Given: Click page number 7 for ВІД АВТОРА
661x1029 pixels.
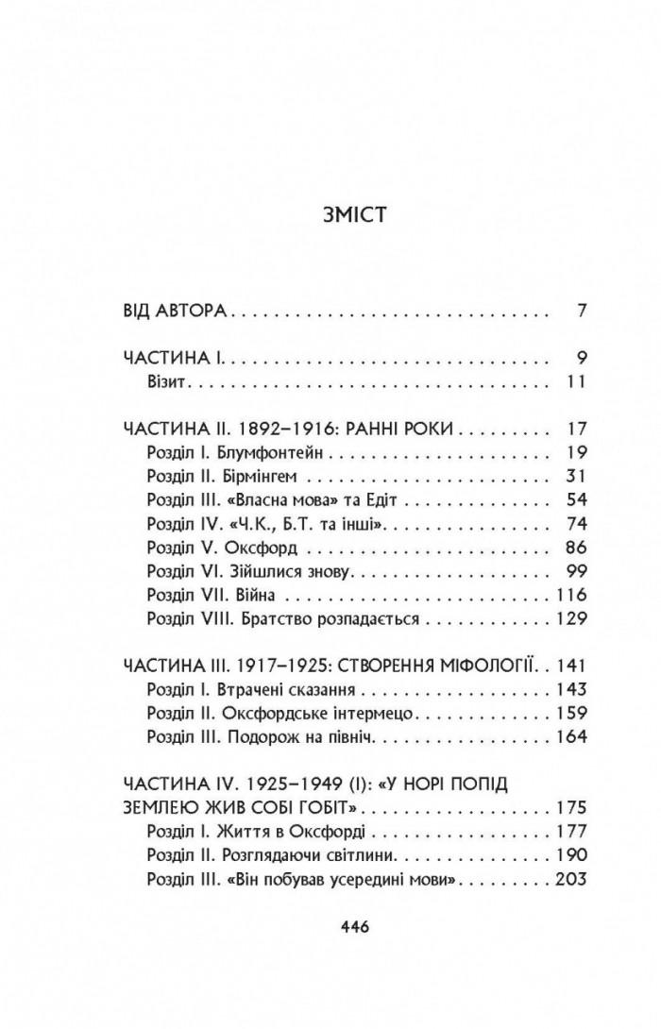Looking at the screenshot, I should coord(582,311).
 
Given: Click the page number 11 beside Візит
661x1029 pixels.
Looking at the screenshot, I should coord(578,382).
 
